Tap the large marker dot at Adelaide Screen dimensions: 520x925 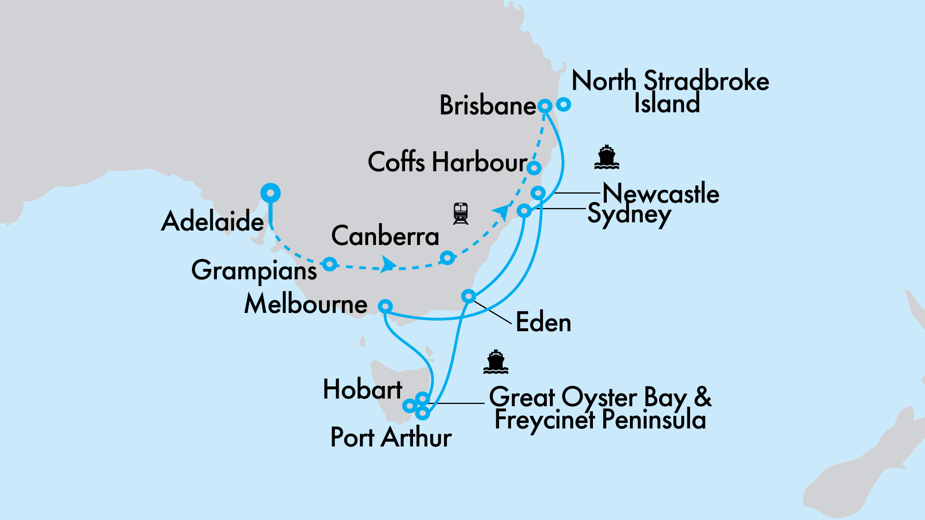pos(271,193)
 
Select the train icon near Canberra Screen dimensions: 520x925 pos(461,213)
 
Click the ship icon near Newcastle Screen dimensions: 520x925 pos(606,157)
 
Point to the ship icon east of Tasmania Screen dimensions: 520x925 pos(495,362)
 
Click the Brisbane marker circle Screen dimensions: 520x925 pos(545,106)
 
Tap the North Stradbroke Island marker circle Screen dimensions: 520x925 pos(563,104)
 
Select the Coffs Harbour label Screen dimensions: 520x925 pos(447,162)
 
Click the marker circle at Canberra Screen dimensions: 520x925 pos(447,257)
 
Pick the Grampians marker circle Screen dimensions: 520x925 pos(329,264)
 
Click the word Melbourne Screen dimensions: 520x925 pos(306,304)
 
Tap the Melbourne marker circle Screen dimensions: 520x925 pos(385,306)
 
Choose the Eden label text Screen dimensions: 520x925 pos(543,322)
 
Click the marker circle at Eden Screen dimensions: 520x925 pos(469,295)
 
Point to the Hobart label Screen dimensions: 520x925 pos(363,389)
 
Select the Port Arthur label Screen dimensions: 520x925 pos(391,437)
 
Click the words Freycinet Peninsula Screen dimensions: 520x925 pos(600,420)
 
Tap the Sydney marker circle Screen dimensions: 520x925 pos(524,211)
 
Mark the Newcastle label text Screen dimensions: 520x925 pos(661,193)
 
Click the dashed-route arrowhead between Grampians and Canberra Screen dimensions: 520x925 pos(388,265)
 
